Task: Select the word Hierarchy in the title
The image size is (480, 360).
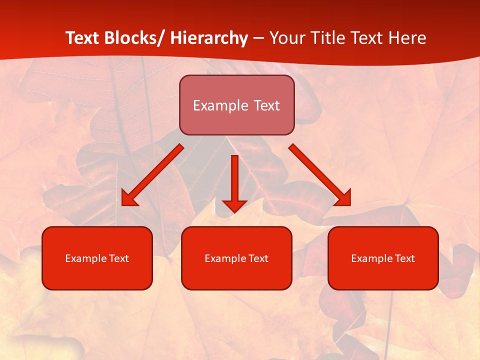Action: [209, 38]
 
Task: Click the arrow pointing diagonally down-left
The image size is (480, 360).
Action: [152, 175]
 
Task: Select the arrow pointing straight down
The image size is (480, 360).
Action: [234, 180]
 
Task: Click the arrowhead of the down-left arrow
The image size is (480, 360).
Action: [128, 199]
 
